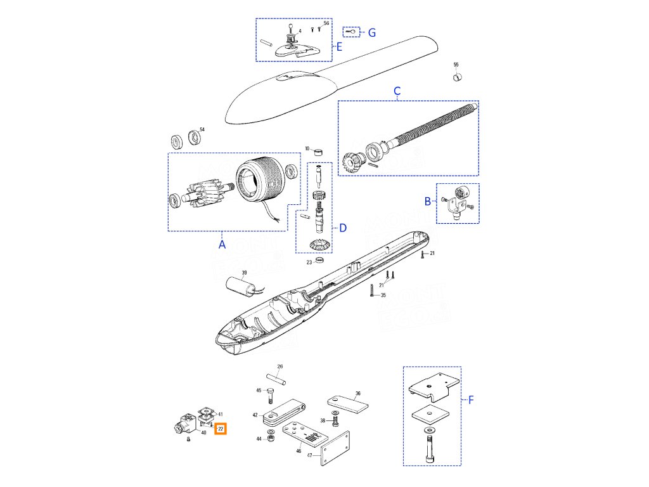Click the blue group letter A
(222, 243)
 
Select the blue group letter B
(428, 201)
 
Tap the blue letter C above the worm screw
(397, 91)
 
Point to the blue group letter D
(342, 228)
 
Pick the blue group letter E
(339, 47)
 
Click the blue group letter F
(471, 399)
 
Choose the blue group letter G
(372, 32)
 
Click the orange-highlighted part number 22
(220, 429)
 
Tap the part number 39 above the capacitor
(244, 273)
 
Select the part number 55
(455, 65)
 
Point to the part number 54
(202, 130)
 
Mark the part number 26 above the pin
(280, 367)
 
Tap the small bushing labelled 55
(456, 77)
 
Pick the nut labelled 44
(271, 438)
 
